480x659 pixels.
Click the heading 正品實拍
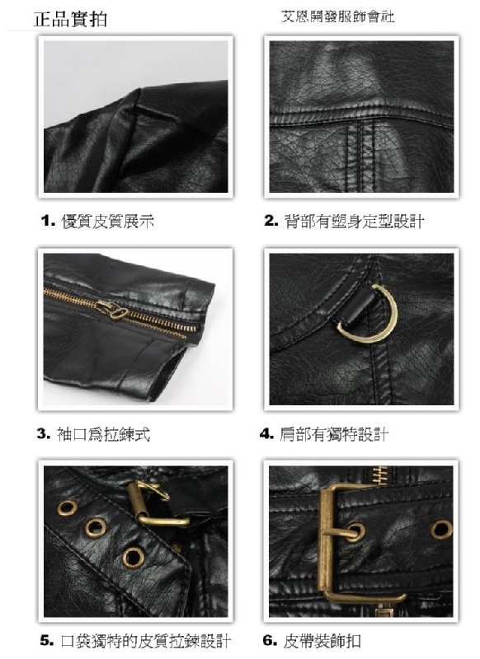pos(71,19)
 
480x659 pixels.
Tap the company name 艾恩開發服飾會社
pos(338,16)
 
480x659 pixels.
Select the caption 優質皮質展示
pos(108,221)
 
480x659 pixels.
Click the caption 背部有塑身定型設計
pos(354,221)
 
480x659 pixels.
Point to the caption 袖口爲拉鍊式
pos(103,434)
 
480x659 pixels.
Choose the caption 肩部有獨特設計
pos(334,434)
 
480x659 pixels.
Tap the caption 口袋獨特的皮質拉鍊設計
pos(146,641)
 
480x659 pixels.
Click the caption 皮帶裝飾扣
pos(322,641)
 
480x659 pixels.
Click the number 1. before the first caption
pos(49,221)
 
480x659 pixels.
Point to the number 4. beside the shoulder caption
pos(267,434)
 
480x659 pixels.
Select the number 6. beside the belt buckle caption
pos(270,641)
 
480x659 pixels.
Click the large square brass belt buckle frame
pos(325,542)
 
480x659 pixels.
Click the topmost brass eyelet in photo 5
pos(67,507)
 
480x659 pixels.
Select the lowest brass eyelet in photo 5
pos(133,558)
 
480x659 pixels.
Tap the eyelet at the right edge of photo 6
pos(441,529)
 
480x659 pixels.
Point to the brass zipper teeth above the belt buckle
pos(381,475)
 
